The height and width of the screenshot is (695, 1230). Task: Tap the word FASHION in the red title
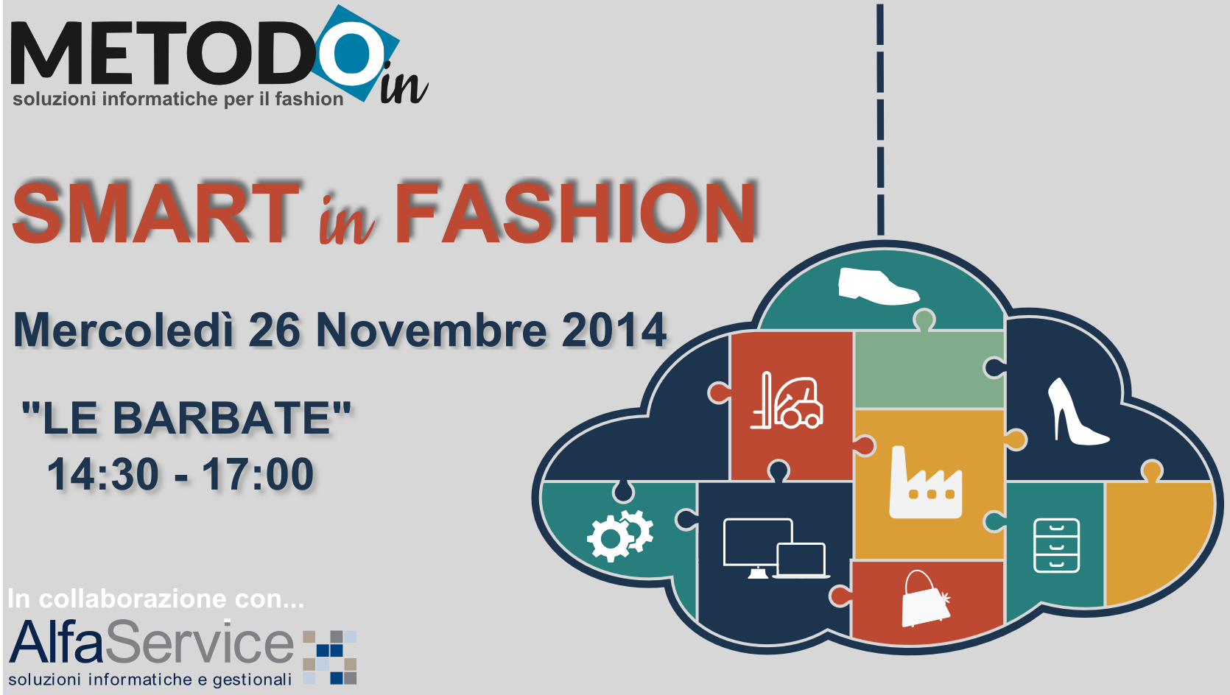(x=575, y=213)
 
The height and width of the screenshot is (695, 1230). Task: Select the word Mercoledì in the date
(x=124, y=329)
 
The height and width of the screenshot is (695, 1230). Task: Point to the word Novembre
(x=432, y=329)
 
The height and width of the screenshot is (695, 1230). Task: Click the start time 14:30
(x=103, y=474)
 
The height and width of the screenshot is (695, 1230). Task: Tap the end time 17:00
(x=258, y=474)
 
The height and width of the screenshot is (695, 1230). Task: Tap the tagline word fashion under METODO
(x=309, y=99)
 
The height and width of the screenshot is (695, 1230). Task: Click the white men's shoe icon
(x=879, y=286)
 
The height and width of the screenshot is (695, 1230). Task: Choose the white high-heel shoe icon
(x=1077, y=411)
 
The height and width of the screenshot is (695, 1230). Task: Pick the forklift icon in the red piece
(x=787, y=401)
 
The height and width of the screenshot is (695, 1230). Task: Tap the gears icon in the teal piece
(x=620, y=535)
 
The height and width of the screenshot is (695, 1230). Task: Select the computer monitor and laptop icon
(x=776, y=548)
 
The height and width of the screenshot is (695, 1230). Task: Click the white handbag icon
(x=926, y=599)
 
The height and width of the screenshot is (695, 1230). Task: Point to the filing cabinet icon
(x=1056, y=545)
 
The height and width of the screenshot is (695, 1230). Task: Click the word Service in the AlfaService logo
(x=200, y=643)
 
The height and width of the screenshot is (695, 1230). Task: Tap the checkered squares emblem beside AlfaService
(x=329, y=657)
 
